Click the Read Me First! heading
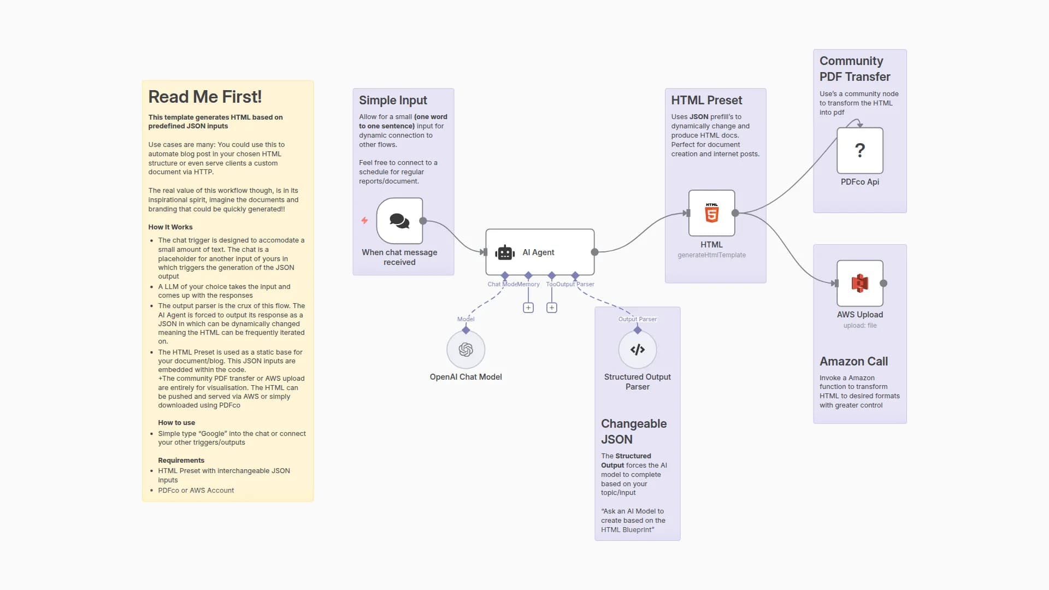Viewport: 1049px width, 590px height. click(x=205, y=97)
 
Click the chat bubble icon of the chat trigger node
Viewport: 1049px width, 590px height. click(x=399, y=221)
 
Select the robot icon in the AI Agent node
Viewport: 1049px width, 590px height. click(x=505, y=252)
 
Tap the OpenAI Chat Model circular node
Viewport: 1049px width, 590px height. click(x=465, y=350)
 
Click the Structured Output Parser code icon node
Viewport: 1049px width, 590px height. click(x=637, y=350)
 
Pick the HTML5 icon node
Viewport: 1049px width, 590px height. click(x=711, y=213)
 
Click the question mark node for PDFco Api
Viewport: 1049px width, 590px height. click(x=859, y=150)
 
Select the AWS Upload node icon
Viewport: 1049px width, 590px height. click(x=859, y=283)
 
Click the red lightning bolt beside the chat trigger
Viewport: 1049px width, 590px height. click(x=364, y=221)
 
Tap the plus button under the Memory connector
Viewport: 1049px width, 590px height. click(x=528, y=308)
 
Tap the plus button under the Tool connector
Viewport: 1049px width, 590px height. click(x=552, y=308)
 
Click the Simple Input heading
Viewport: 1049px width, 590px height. click(x=393, y=101)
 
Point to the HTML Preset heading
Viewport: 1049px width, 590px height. click(x=706, y=101)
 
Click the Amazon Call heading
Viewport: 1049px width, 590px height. click(x=853, y=362)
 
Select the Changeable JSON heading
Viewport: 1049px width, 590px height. click(x=633, y=432)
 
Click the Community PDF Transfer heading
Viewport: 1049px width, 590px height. click(x=854, y=69)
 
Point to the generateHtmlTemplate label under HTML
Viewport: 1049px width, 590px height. click(x=711, y=255)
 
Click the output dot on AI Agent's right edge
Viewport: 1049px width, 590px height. click(x=594, y=252)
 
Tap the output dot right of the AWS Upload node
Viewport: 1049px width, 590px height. click(x=883, y=283)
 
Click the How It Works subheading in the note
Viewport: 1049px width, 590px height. click(x=170, y=227)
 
